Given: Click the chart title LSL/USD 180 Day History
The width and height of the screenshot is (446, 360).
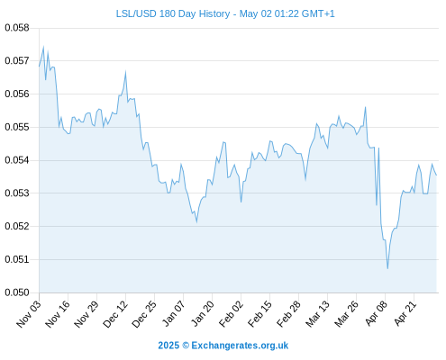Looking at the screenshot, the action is [x=173, y=13].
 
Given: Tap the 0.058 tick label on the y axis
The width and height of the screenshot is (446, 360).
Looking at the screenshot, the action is [x=17, y=28].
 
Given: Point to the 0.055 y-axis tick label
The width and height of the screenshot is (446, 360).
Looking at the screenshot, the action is [x=17, y=127].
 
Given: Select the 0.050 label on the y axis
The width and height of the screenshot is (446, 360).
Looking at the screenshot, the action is [x=17, y=292].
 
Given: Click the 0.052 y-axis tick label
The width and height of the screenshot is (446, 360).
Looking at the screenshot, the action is [x=17, y=226].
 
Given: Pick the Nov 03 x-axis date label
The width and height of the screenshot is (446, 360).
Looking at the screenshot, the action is [x=29, y=313].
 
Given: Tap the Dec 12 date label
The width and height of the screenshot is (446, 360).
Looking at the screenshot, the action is [x=115, y=313].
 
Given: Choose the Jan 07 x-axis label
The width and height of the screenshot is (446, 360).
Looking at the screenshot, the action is [x=173, y=313].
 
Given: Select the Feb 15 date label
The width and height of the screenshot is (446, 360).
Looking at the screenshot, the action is [x=259, y=313].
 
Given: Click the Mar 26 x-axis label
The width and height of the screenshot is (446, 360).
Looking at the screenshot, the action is [x=346, y=313].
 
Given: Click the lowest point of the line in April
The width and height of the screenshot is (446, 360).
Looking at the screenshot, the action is [x=387, y=268].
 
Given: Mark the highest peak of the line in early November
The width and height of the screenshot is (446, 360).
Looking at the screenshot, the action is [x=43, y=47].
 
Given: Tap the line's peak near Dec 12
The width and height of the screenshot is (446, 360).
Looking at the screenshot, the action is [x=125, y=71].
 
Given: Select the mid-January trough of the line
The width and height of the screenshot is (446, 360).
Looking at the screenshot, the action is [x=196, y=222].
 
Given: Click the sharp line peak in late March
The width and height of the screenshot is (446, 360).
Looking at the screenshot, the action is [x=366, y=107].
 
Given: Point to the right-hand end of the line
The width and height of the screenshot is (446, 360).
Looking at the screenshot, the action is [x=436, y=175].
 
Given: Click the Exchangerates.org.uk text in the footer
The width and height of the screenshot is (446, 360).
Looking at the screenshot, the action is [x=240, y=346].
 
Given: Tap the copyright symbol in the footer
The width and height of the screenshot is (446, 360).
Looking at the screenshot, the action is [x=186, y=346].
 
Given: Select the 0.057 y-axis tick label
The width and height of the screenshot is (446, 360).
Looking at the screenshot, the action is [x=17, y=61].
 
